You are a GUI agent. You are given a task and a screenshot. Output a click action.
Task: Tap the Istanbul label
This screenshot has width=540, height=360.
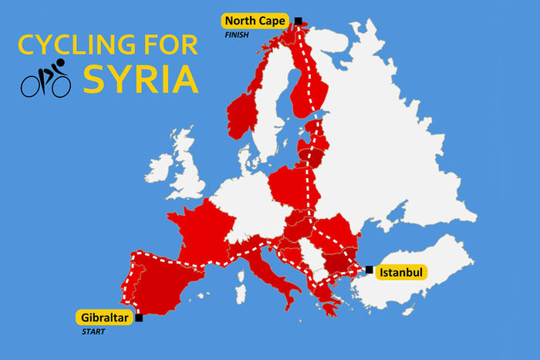click(401, 272)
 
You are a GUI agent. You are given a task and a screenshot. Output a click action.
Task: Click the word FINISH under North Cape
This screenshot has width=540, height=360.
click(238, 35)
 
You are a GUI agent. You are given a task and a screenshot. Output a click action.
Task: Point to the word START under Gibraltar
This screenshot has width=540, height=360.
click(93, 332)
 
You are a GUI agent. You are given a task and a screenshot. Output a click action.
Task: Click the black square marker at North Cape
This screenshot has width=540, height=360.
click(299, 22)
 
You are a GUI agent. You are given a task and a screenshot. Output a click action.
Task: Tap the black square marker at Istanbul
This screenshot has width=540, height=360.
click(370, 270)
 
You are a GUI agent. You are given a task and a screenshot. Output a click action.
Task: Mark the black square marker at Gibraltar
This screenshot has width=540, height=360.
click(139, 318)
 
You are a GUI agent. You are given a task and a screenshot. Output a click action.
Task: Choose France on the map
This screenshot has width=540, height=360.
click(204, 231)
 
